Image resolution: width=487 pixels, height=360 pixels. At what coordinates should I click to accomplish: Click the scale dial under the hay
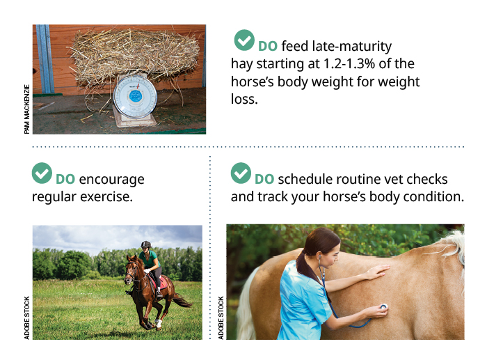click(135, 97)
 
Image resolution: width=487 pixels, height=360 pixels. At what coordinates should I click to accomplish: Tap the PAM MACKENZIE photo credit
click(27, 109)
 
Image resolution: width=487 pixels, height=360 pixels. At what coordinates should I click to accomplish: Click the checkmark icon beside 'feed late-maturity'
click(244, 40)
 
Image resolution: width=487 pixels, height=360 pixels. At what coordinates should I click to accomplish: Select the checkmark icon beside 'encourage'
click(42, 173)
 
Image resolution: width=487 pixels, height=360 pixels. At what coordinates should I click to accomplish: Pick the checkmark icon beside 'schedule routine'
click(241, 173)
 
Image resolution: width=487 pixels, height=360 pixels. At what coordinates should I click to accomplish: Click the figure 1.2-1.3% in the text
click(349, 64)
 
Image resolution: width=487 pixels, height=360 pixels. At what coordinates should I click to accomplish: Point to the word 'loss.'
click(244, 99)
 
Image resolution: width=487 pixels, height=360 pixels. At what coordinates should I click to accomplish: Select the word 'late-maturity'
click(352, 47)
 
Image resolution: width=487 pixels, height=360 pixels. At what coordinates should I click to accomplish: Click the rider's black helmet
click(145, 244)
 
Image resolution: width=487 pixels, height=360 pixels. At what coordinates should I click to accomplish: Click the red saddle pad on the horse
click(162, 283)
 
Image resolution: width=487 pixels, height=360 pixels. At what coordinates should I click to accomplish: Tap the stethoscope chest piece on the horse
click(384, 306)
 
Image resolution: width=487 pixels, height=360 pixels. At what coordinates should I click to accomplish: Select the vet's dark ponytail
click(304, 266)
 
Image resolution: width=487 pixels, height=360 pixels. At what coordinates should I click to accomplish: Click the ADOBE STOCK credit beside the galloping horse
click(27, 318)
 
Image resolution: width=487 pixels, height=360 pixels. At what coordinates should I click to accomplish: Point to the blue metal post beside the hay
click(45, 58)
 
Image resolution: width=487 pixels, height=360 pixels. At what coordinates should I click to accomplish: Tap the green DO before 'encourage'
click(65, 180)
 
